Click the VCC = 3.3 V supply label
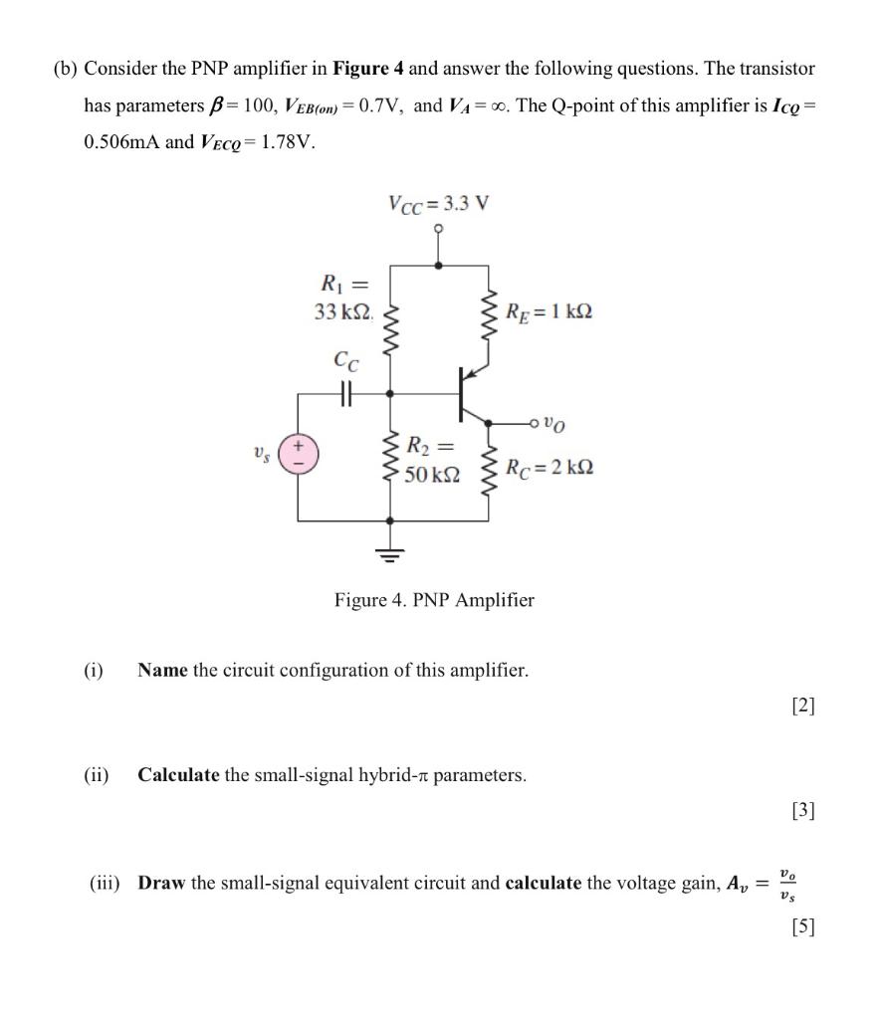pos(438,205)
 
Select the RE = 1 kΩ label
pos(549,311)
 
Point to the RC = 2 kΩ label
pos(549,467)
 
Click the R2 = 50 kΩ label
pos(432,461)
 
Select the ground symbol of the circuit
pos(389,555)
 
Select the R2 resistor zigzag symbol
pos(389,461)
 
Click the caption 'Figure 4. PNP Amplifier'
pos(434,600)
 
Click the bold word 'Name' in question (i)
pos(163,670)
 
